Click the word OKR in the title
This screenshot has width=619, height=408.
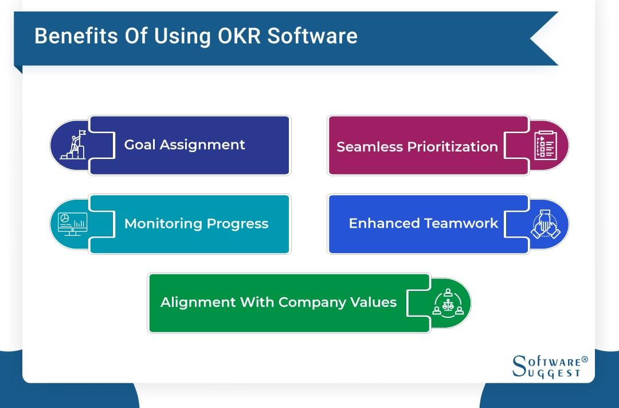[x=239, y=36]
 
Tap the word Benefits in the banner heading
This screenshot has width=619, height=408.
[x=76, y=36]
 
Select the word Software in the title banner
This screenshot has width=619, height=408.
[x=312, y=36]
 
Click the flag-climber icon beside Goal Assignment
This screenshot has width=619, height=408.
[x=73, y=145]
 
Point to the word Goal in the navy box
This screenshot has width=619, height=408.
[x=140, y=145]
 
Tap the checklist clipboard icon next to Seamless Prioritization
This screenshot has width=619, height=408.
[x=546, y=146]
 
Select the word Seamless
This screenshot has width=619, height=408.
[x=370, y=147]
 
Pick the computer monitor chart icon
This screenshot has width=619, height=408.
[x=73, y=224]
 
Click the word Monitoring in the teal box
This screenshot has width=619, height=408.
[x=163, y=224]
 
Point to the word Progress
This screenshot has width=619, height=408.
[x=238, y=224]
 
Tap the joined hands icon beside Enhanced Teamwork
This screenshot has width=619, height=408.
[x=545, y=224]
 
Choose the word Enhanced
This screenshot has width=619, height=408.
[x=384, y=223]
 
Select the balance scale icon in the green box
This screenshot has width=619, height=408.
[x=448, y=303]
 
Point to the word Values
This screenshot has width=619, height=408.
[x=374, y=302]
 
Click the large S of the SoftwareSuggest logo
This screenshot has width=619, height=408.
[x=519, y=366]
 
